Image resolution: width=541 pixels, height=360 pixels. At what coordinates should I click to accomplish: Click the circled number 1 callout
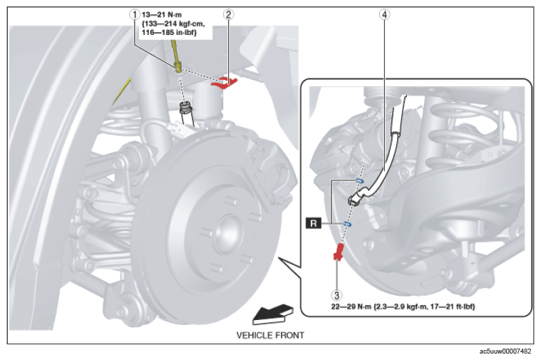tap(135, 15)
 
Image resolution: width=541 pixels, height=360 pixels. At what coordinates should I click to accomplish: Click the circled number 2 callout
tap(228, 15)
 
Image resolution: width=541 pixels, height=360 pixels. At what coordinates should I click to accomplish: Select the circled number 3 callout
tap(336, 295)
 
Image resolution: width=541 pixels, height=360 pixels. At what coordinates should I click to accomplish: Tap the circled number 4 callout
tap(384, 15)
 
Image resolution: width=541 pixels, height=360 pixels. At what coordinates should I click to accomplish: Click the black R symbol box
tap(314, 223)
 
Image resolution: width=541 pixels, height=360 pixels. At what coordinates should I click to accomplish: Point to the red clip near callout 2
tap(225, 83)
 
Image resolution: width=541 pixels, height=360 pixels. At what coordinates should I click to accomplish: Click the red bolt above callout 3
tap(339, 252)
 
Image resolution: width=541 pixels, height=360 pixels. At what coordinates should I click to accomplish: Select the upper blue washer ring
tap(359, 180)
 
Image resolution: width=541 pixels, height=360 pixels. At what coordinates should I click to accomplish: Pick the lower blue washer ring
tap(347, 225)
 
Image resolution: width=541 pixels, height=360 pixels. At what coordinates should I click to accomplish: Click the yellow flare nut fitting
tap(178, 66)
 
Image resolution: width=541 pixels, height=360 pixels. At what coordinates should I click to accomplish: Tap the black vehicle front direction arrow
tap(273, 314)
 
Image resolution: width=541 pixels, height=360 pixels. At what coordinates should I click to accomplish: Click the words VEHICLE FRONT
tap(270, 335)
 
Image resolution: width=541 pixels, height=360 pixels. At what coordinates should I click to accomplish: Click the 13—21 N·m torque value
tap(162, 15)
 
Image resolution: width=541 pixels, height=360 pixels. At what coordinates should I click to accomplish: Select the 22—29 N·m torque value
tap(351, 307)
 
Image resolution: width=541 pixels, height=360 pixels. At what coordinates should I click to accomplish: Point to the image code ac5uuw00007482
tap(505, 351)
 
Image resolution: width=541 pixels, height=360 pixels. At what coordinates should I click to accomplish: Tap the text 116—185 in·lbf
tap(170, 33)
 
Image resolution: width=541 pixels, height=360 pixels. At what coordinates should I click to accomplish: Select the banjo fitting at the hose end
tap(356, 197)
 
